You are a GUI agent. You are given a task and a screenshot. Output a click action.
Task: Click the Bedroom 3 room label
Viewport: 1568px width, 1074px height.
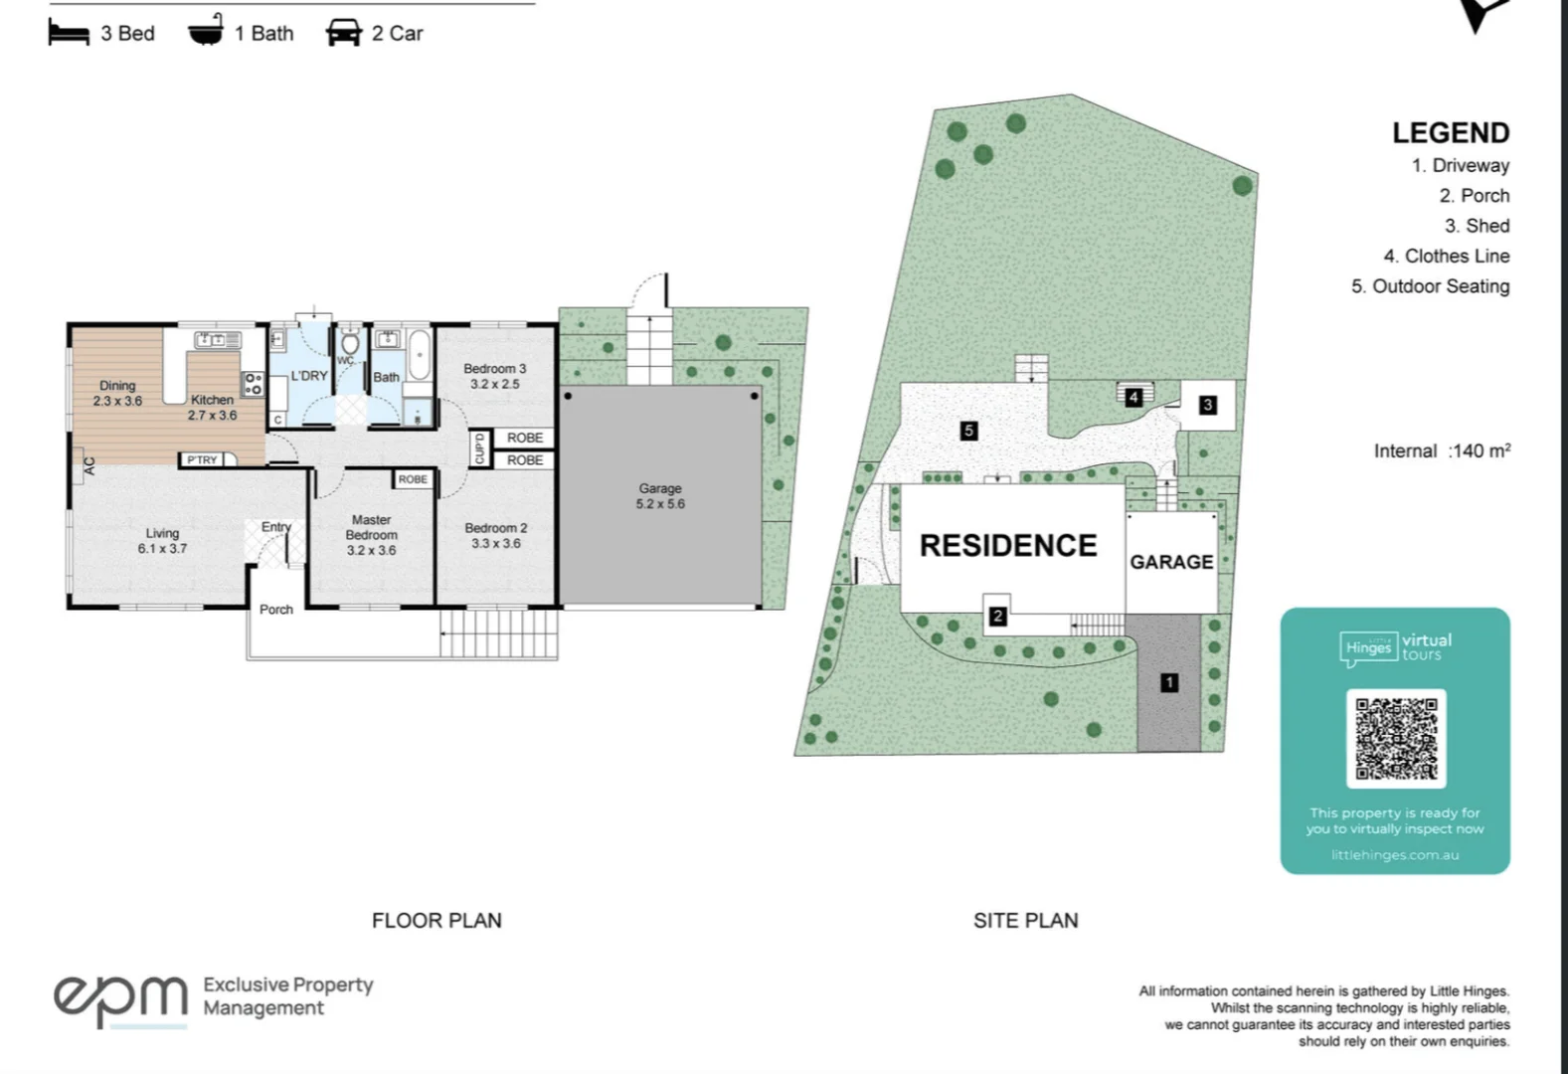pos(494,376)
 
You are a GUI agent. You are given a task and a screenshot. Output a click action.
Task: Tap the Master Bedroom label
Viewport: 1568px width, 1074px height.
pos(371,535)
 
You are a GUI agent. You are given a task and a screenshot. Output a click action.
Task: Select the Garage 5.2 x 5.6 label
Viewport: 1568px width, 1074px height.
pos(660,495)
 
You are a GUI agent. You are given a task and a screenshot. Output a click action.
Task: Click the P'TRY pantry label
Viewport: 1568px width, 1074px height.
pos(202,459)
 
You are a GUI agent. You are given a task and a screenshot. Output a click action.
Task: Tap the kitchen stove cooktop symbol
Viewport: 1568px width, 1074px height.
pos(253,383)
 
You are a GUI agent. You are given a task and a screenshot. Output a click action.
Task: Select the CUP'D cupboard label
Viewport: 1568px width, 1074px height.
pos(479,448)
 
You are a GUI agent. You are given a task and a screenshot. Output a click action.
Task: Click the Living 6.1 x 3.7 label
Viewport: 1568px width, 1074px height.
pos(162,541)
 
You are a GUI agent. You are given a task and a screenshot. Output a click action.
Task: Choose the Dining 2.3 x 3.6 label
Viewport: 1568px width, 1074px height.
pos(117,393)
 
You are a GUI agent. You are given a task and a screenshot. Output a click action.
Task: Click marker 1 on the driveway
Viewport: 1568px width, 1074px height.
pos(1169,682)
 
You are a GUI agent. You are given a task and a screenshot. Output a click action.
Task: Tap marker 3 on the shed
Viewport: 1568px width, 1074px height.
pos(1207,405)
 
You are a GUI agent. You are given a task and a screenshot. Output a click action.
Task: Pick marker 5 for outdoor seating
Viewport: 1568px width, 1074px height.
pos(968,431)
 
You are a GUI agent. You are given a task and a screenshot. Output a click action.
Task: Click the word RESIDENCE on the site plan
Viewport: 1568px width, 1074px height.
pos(1008,545)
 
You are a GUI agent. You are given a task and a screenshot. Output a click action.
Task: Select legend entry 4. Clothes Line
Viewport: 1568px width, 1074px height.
pos(1446,256)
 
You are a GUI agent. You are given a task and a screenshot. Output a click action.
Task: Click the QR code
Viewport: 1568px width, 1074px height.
pos(1396,738)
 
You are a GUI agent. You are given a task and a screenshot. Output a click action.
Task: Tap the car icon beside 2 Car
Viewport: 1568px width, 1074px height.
pos(343,33)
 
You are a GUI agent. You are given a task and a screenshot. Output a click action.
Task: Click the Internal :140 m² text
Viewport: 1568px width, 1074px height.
pos(1442,450)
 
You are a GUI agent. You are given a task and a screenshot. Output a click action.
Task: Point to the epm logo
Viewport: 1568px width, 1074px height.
pos(119,997)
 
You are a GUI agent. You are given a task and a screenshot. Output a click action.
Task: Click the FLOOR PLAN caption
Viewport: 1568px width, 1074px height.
pos(436,921)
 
